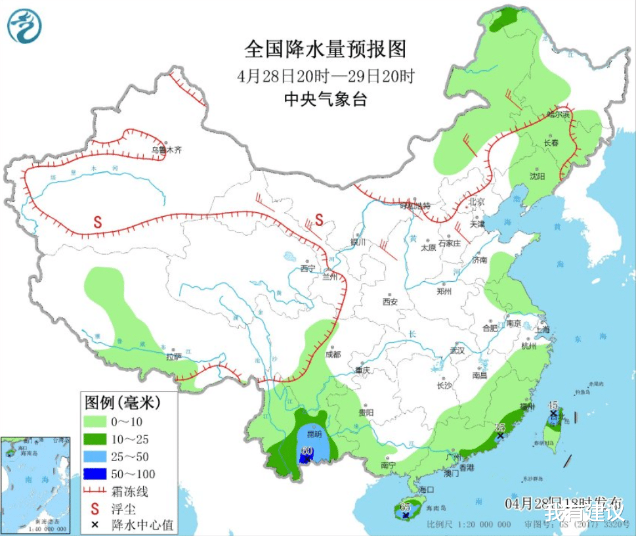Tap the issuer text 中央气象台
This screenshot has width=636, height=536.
326,99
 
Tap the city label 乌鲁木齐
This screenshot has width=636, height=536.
166,150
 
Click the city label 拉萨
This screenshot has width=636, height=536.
173,357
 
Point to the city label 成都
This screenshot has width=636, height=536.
333,354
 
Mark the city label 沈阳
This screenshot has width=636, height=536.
538,176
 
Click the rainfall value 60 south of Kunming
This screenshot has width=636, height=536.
306,451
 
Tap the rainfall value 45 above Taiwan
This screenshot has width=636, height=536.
553,405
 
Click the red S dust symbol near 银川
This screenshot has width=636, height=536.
319,219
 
